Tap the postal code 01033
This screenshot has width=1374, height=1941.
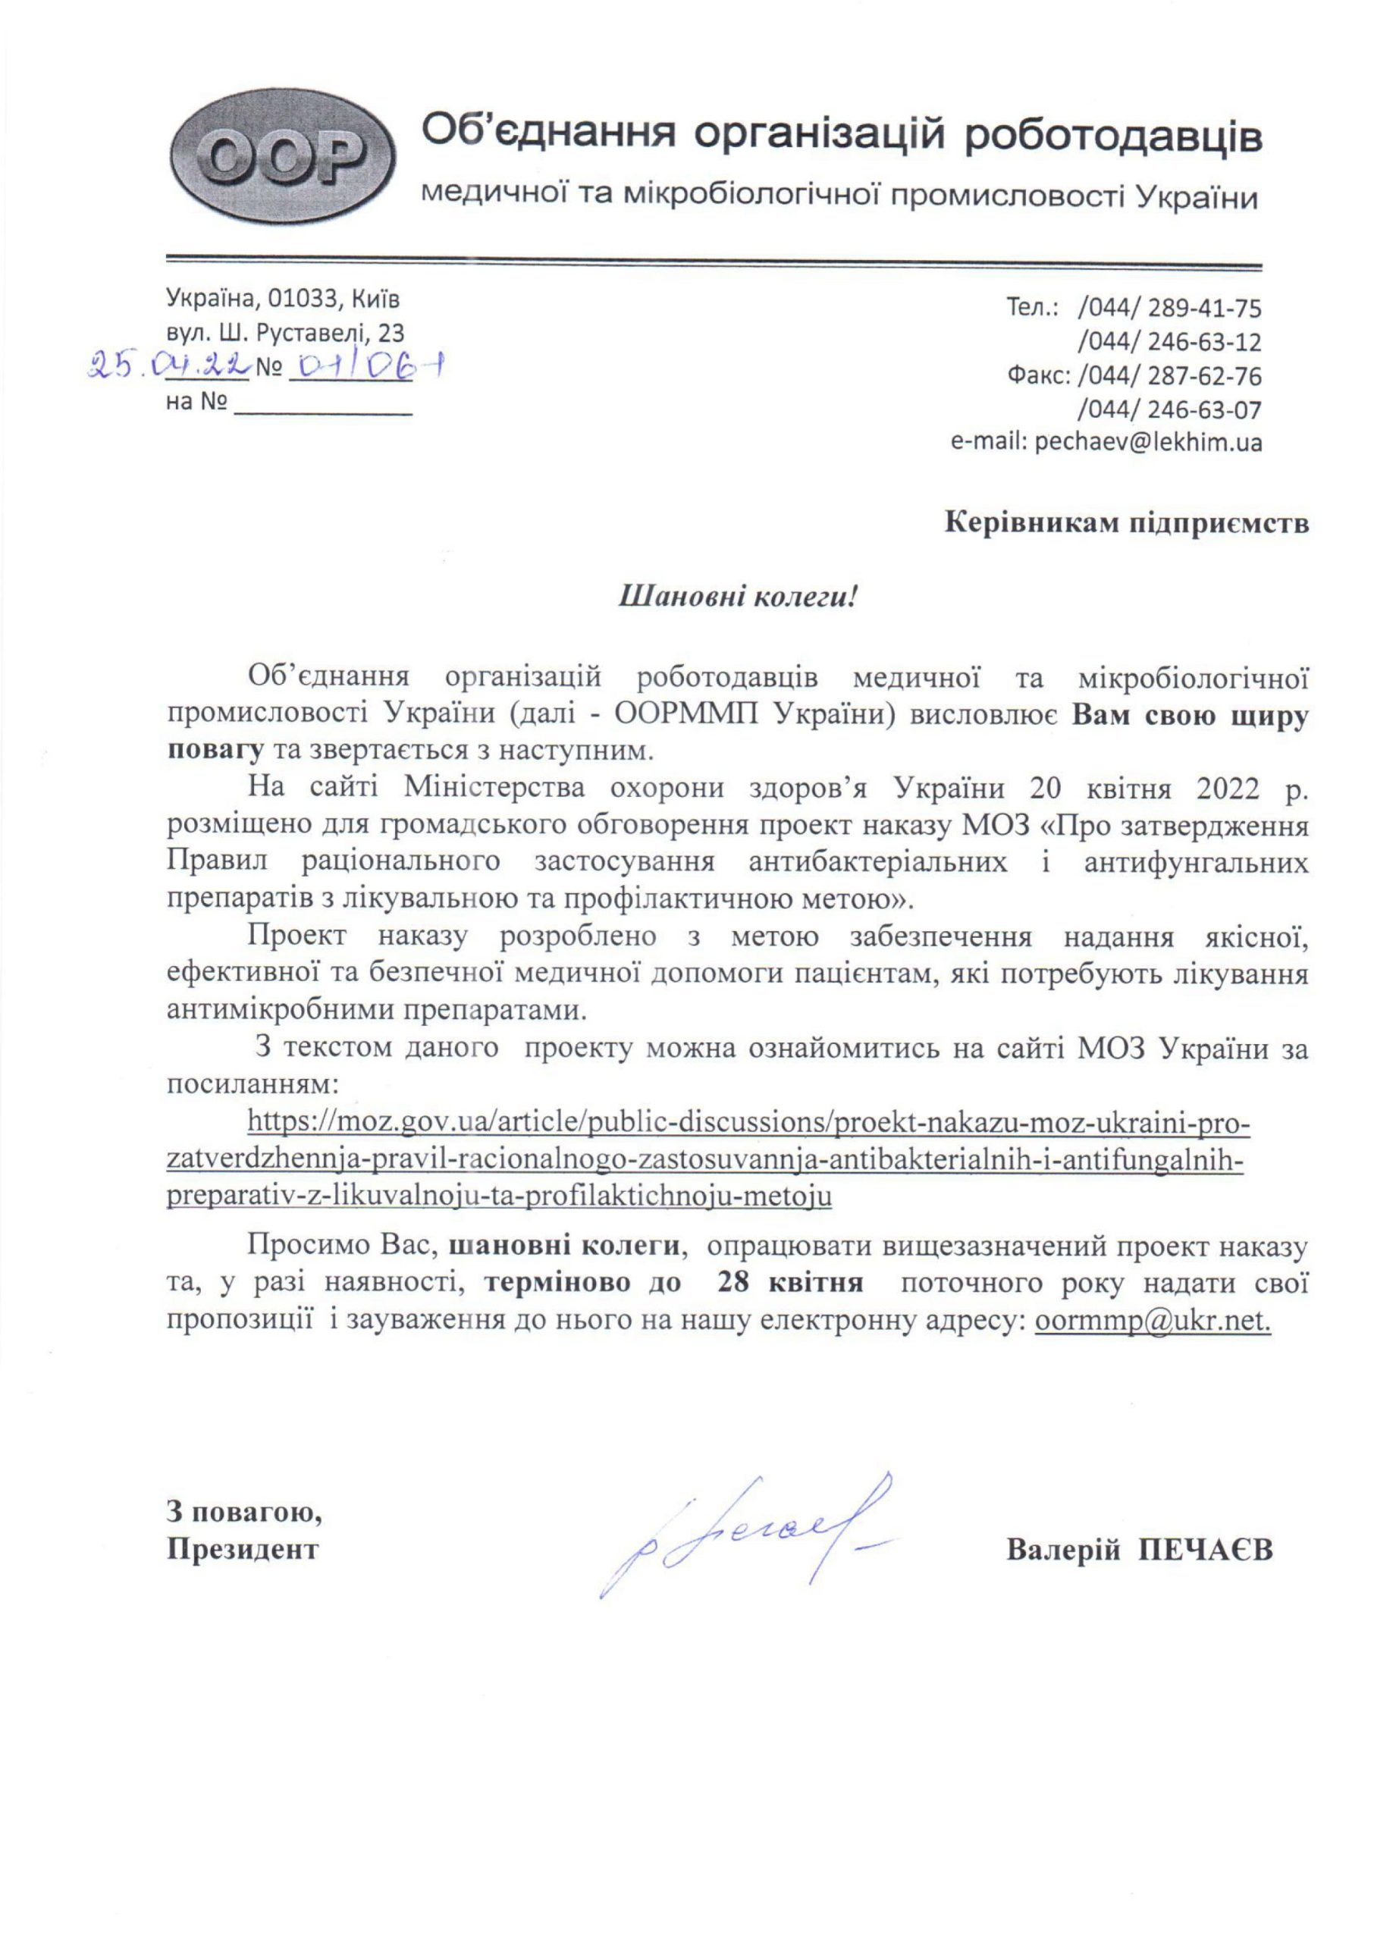click(x=297, y=299)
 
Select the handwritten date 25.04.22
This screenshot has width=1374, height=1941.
click(x=170, y=366)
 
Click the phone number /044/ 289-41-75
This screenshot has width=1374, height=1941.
click(x=1169, y=307)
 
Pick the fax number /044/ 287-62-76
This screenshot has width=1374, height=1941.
click(x=1169, y=375)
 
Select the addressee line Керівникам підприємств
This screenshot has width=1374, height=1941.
click(x=1126, y=522)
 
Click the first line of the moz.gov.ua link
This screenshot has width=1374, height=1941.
click(x=748, y=1123)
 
